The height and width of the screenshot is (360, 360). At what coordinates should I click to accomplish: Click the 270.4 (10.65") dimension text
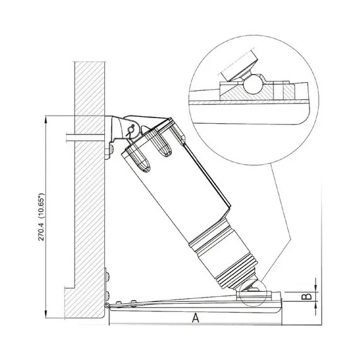[x=41, y=217]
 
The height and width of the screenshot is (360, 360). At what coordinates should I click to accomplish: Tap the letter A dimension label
[x=195, y=318]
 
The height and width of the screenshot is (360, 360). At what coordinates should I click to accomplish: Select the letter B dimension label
[x=306, y=296]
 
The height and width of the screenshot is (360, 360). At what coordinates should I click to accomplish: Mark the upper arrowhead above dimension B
[x=316, y=289]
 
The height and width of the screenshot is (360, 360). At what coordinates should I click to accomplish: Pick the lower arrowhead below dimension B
[x=316, y=304]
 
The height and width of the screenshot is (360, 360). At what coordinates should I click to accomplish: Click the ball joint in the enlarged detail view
[x=253, y=85]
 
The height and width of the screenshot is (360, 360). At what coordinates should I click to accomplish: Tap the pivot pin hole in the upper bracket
[x=131, y=129]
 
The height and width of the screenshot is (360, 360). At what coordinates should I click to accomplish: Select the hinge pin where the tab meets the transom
[x=107, y=306]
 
